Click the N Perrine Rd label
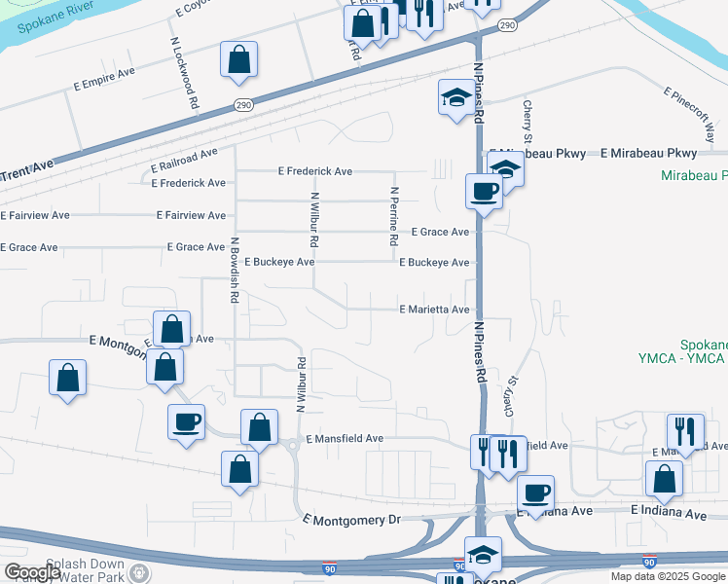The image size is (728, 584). tap(394, 216)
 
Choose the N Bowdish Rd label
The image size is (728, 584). tap(234, 272)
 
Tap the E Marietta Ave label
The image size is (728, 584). tap(435, 310)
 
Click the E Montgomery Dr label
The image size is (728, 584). tap(352, 520)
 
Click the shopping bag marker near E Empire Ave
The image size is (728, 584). tap(238, 61)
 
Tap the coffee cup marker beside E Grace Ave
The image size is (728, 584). tap(484, 192)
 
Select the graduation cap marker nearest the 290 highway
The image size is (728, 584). tap(455, 97)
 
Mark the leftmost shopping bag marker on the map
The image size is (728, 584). tap(67, 379)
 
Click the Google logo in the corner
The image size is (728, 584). tap(32, 572)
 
